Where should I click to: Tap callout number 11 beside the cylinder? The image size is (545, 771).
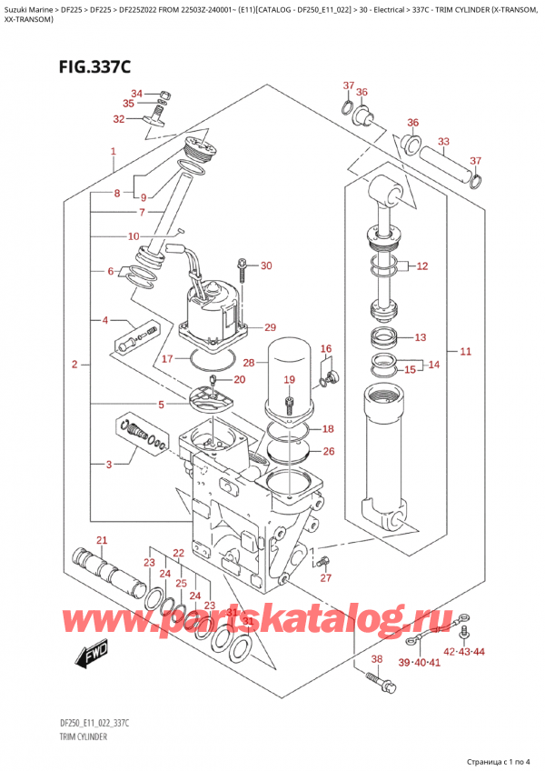pos(466,351)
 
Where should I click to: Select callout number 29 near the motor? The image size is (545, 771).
pos(270,327)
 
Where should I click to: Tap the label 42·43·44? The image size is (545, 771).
pos(464,653)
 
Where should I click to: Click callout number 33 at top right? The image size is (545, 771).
pos(442,141)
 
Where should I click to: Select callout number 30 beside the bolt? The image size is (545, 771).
pos(265,266)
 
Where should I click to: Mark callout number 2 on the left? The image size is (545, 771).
pos(74,365)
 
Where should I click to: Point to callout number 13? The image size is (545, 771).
pos(419,338)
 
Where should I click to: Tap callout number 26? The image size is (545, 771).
pos(328,451)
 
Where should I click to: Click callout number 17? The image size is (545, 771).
pos(166,359)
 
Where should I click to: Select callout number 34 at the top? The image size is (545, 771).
pos(136,93)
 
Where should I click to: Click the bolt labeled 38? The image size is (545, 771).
pos(373,676)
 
